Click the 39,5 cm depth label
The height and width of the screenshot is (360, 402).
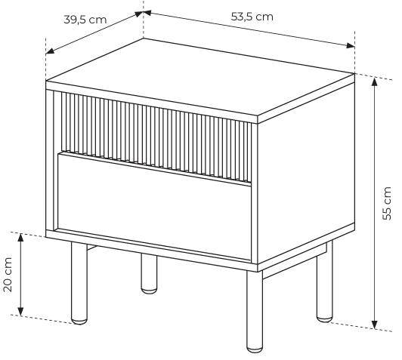[x=85, y=20]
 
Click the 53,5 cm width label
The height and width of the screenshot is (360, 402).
[x=252, y=17]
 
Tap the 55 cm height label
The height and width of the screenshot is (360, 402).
[x=387, y=203]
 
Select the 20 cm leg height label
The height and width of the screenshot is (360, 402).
[x=8, y=275]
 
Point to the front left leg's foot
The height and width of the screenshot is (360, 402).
[x=79, y=321]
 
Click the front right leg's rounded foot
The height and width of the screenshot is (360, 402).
[x=255, y=349]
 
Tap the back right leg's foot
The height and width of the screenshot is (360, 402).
[x=325, y=318]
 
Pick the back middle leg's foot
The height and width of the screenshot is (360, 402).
[x=149, y=290]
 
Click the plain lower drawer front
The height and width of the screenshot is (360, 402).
[x=154, y=206]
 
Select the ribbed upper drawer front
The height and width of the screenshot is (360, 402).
[x=156, y=137]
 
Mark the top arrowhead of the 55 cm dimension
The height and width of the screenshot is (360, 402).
[x=375, y=82]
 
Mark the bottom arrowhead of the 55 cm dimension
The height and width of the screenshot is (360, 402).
[x=375, y=325]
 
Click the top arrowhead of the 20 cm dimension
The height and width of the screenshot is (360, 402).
[x=20, y=237]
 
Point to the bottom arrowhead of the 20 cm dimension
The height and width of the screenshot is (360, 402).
[x=20, y=312]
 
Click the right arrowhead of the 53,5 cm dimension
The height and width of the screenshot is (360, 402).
[x=351, y=45]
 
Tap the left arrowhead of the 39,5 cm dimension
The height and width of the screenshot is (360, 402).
[x=50, y=51]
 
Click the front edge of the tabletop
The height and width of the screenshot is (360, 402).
[x=152, y=102]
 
